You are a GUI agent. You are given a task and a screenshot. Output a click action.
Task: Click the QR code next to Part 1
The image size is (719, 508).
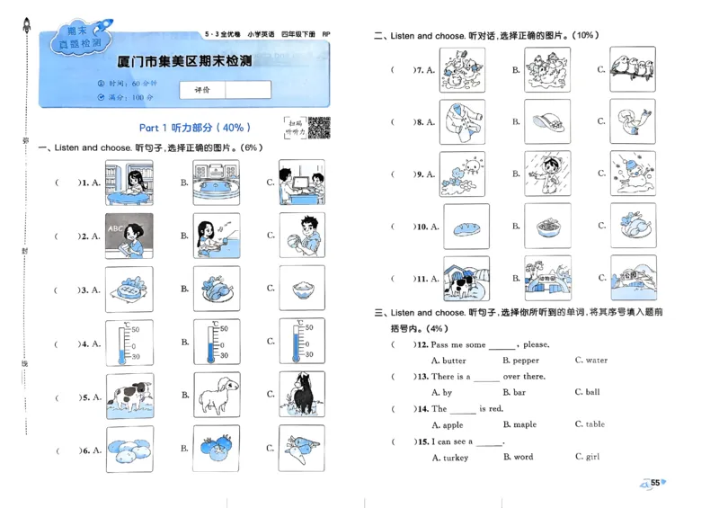[x=319, y=128]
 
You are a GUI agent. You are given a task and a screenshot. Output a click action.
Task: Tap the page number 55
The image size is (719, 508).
[x=656, y=483]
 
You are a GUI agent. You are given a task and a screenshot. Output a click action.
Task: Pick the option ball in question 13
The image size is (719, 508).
[x=592, y=393]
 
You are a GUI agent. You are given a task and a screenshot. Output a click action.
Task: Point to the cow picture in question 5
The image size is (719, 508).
[x=129, y=396]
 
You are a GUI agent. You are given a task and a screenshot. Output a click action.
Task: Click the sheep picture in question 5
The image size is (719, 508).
[x=216, y=396]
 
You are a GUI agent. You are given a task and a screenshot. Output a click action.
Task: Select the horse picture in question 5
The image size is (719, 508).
[x=301, y=396]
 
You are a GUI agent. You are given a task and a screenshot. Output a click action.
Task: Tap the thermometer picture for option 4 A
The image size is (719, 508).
[x=129, y=343]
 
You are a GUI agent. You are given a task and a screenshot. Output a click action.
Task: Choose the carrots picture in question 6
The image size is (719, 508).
[x=301, y=448]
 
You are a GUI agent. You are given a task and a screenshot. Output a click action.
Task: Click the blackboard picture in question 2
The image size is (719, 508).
[x=129, y=236]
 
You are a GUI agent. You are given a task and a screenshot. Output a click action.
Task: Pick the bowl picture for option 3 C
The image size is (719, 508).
[x=301, y=289]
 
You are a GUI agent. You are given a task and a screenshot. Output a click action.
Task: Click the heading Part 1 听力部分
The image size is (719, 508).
[x=195, y=128]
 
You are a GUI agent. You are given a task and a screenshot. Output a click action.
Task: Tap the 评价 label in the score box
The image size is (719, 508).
[x=201, y=90]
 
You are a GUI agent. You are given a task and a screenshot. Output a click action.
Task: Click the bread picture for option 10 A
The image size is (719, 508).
[x=466, y=227]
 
